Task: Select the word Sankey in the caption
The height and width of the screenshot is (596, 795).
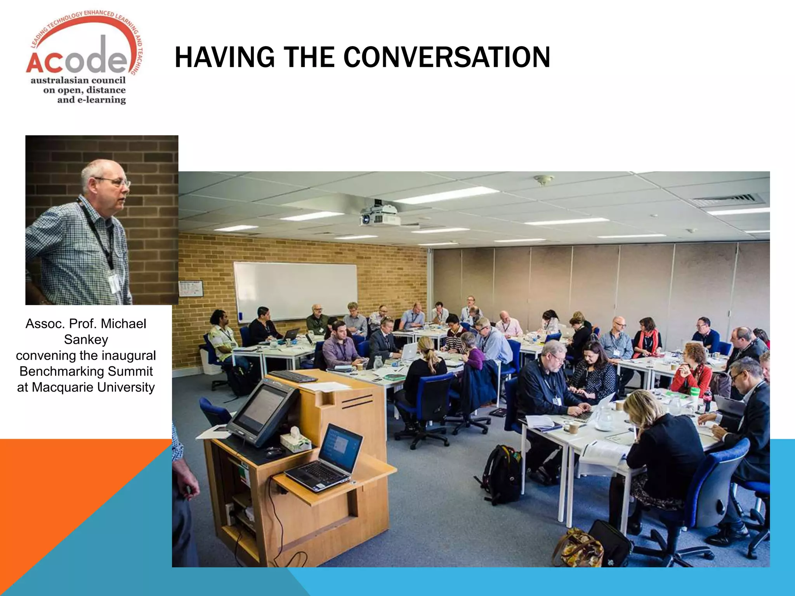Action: point(86,340)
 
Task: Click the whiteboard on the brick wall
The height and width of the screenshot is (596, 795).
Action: point(295,291)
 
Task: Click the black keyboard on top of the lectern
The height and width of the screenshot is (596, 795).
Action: point(293,376)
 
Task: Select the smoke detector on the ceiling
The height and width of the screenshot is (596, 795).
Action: point(543,180)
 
